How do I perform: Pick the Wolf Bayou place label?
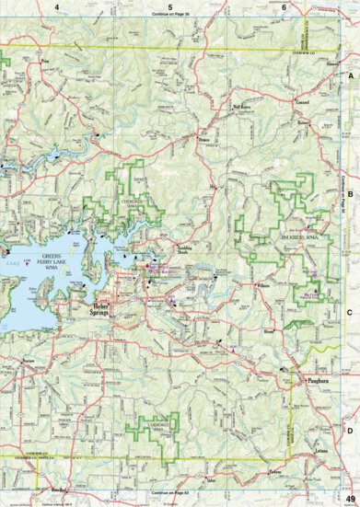pos(242,108)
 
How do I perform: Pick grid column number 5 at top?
pos(170,8)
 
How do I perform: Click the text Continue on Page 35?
pos(170,17)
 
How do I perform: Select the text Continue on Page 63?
pos(170,494)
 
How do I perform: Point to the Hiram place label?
pos(269,327)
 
